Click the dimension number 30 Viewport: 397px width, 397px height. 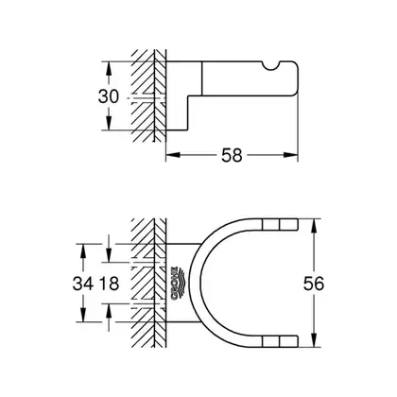[x=109, y=96]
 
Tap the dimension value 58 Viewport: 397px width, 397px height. [x=232, y=155]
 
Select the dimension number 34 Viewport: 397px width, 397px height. [x=83, y=283]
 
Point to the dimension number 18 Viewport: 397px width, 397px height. [x=109, y=283]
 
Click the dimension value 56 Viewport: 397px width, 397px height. [x=314, y=283]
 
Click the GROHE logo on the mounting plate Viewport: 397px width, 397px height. [x=178, y=283]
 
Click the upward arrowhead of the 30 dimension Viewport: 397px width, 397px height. [x=109, y=68]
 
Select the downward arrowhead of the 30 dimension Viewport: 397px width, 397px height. [x=109, y=123]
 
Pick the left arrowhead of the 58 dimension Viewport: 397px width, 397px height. [x=173, y=155]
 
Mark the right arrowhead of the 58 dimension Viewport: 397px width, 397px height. [x=291, y=155]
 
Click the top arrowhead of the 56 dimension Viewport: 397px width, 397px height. [x=314, y=226]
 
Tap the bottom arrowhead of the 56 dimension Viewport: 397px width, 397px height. [x=314, y=340]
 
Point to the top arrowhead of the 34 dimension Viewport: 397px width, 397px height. [x=83, y=250]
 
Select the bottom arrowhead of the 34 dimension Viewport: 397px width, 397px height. [x=83, y=315]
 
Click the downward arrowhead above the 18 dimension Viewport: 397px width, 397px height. [x=109, y=255]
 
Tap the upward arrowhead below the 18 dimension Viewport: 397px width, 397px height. [x=109, y=311]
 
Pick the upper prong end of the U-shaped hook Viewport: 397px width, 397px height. [x=298, y=224]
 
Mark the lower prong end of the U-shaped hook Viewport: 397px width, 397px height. [x=298, y=341]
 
